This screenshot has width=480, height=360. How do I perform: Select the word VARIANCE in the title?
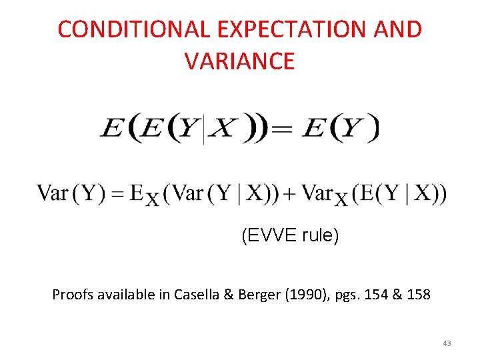coord(239,61)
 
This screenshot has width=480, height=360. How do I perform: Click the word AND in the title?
coord(398,30)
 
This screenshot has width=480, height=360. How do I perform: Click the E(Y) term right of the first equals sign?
coord(341,128)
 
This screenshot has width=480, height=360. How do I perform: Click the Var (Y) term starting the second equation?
coord(68,194)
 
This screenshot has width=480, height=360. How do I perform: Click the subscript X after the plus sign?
coord(341,200)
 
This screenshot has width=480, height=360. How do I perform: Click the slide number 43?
coord(446,343)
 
